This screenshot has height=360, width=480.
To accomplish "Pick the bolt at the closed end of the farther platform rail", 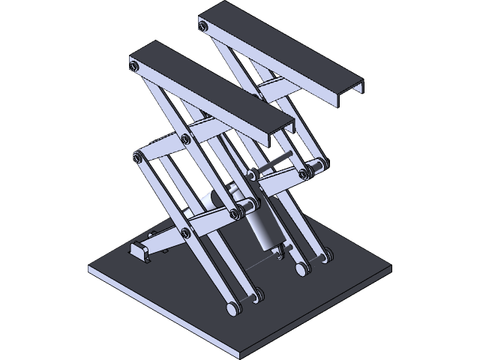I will click(203, 26).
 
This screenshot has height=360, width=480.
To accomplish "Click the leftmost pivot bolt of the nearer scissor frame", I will click(138, 157).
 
